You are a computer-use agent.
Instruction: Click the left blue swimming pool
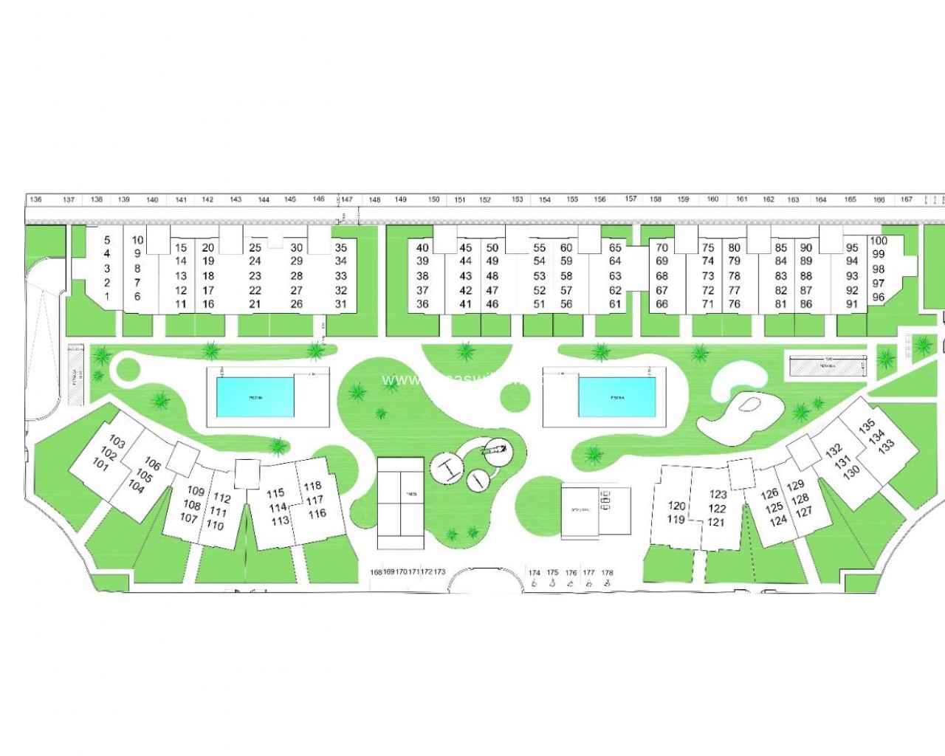pos(255,396)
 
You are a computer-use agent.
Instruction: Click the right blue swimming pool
pos(616,397)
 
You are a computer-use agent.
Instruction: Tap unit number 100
pos(879,241)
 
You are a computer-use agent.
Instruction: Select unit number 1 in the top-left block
pos(107,297)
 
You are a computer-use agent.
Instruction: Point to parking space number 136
pos(35,199)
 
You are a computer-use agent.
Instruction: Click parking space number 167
pos(907,199)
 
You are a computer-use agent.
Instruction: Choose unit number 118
pos(312,486)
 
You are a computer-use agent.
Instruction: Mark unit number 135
pos(867,425)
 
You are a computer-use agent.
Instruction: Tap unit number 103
pos(117,442)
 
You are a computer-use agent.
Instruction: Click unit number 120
pos(677,506)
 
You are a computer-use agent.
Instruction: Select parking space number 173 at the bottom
pos(440,572)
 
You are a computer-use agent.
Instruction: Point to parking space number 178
pos(607,572)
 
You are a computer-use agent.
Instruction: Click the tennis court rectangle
pos(401,503)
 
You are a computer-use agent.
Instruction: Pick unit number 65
pos(615,248)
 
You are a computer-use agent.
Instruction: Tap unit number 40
pos(422,248)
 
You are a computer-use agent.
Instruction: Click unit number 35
pos(340,248)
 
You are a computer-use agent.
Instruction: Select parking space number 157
pos(630,199)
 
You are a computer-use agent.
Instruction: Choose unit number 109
pos(196,491)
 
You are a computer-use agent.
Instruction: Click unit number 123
pos(718,495)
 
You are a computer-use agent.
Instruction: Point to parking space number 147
pos(347,199)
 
